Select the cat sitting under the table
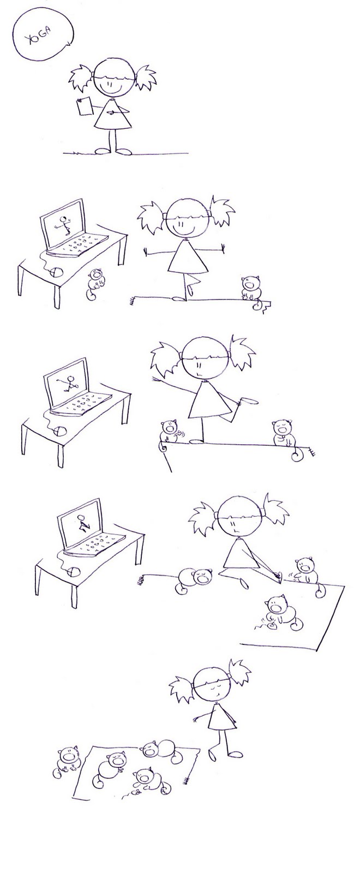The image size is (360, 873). (x=96, y=284)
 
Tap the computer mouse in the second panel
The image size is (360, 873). (x=57, y=272)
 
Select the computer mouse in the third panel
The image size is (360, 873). (x=60, y=430)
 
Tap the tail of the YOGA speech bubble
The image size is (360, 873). (x=69, y=44)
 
